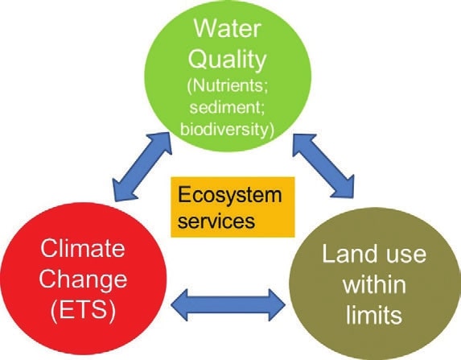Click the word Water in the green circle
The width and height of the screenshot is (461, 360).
tap(228, 28)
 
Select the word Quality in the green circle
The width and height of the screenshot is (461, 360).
tap(227, 60)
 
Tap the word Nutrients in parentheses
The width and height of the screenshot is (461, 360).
tap(227, 86)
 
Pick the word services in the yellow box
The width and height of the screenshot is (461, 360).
tap(216, 221)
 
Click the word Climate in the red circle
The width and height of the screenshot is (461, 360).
tap(83, 249)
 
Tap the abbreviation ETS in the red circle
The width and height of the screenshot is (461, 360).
tap(83, 311)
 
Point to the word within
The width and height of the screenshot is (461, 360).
tap(374, 284)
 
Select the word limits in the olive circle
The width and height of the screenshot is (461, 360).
tap(374, 314)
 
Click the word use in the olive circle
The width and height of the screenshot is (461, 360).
tap(406, 255)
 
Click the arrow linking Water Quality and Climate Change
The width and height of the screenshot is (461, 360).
tap(142, 167)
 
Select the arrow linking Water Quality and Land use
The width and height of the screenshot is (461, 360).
tap(323, 166)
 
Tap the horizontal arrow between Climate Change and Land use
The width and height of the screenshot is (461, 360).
tap(228, 305)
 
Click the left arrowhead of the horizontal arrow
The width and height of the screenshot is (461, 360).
tap(179, 305)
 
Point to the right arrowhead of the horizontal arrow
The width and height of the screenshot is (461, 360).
tap(277, 305)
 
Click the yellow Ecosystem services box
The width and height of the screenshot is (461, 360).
tap(233, 207)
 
